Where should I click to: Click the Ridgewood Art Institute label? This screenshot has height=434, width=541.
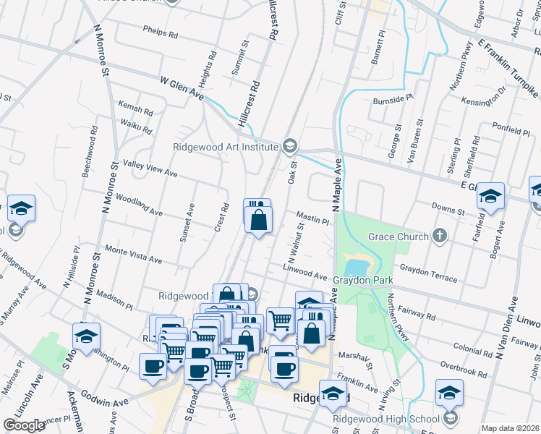click(x=226, y=147)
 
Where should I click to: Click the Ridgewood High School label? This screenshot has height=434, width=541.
click(x=385, y=419)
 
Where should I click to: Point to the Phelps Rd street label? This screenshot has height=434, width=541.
click(x=161, y=33)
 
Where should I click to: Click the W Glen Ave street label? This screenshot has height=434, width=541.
click(x=182, y=90)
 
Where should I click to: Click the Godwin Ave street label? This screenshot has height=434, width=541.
click(x=108, y=401)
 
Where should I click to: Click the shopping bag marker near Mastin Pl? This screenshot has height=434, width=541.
click(x=259, y=218)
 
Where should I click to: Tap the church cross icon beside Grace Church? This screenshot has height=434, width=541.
click(x=439, y=236)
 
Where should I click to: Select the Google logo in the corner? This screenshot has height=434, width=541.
click(x=23, y=425)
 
